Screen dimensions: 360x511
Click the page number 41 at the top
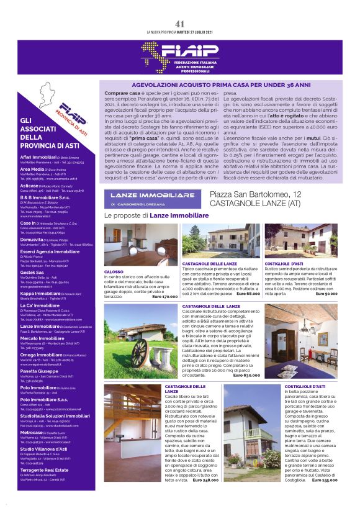click(x=179, y=24)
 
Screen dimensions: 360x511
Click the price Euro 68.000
click(x=247, y=293)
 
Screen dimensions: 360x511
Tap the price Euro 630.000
click(x=246, y=375)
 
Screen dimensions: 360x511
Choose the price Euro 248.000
click(x=223, y=480)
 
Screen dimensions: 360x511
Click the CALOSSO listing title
click(x=114, y=272)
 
